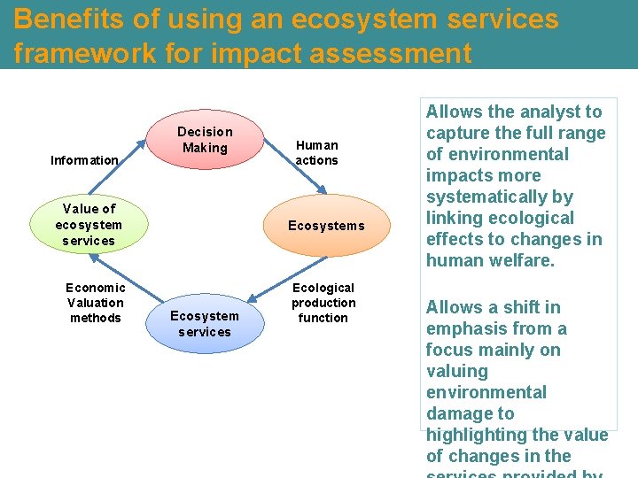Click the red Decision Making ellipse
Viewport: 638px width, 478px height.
coord(205,140)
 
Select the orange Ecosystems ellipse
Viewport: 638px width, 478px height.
coord(326,226)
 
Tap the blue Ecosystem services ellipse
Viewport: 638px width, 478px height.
coord(205,324)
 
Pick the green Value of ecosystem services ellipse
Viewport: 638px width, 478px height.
coord(89,225)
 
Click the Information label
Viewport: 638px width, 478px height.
coord(84,160)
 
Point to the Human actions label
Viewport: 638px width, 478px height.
coord(316,152)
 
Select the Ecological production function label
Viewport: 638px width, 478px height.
coord(323,303)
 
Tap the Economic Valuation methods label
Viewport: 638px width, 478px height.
coord(96,303)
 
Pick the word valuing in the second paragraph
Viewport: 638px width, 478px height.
coord(457,371)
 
